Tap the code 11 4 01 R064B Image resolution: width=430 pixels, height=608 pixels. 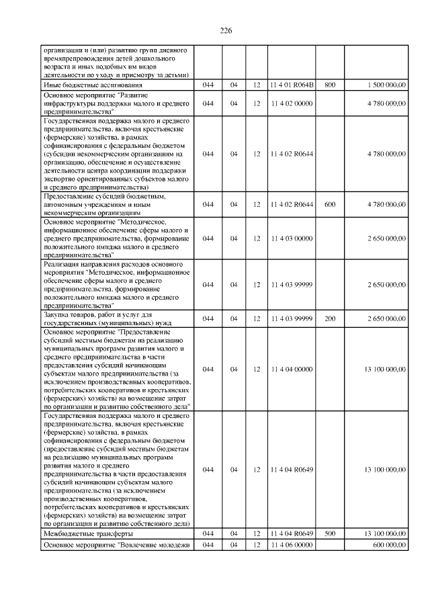[292, 85]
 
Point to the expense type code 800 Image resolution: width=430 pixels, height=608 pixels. [329, 85]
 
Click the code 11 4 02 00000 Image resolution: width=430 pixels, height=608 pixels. [292, 103]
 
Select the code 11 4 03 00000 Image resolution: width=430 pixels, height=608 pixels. [292, 238]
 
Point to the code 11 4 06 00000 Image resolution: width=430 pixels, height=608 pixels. [292, 545]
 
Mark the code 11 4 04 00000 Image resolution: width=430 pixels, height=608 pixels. [292, 369]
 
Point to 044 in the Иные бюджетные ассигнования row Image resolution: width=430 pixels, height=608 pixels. [208, 85]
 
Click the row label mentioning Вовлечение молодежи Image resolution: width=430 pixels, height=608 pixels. [117, 545]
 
